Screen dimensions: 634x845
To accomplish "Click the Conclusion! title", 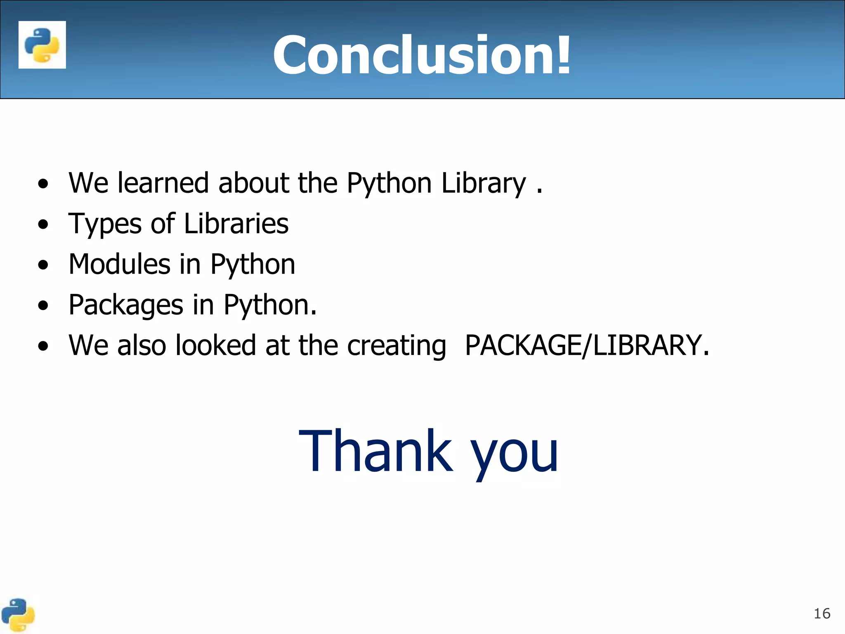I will [422, 55].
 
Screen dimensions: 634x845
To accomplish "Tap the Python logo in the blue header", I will [42, 45].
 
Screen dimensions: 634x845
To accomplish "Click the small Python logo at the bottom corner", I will [17, 615].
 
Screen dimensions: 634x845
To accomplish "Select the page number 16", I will [821, 614].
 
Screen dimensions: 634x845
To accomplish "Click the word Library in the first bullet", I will [484, 183].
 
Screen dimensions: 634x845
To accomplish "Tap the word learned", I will [163, 183].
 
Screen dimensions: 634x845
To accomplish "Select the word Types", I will [105, 224].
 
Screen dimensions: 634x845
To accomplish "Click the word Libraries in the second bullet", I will [236, 223].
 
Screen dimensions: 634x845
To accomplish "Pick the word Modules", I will [119, 264].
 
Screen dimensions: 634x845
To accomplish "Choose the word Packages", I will [126, 305].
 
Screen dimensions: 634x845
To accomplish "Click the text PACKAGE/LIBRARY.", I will [586, 345].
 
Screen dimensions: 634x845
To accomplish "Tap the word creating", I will [397, 346].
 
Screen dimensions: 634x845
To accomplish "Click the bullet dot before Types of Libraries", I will [43, 225].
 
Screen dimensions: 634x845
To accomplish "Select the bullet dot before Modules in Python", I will [43, 265].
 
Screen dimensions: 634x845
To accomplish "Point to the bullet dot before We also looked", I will [43, 347].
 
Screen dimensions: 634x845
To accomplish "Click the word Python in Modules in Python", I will [253, 265].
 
